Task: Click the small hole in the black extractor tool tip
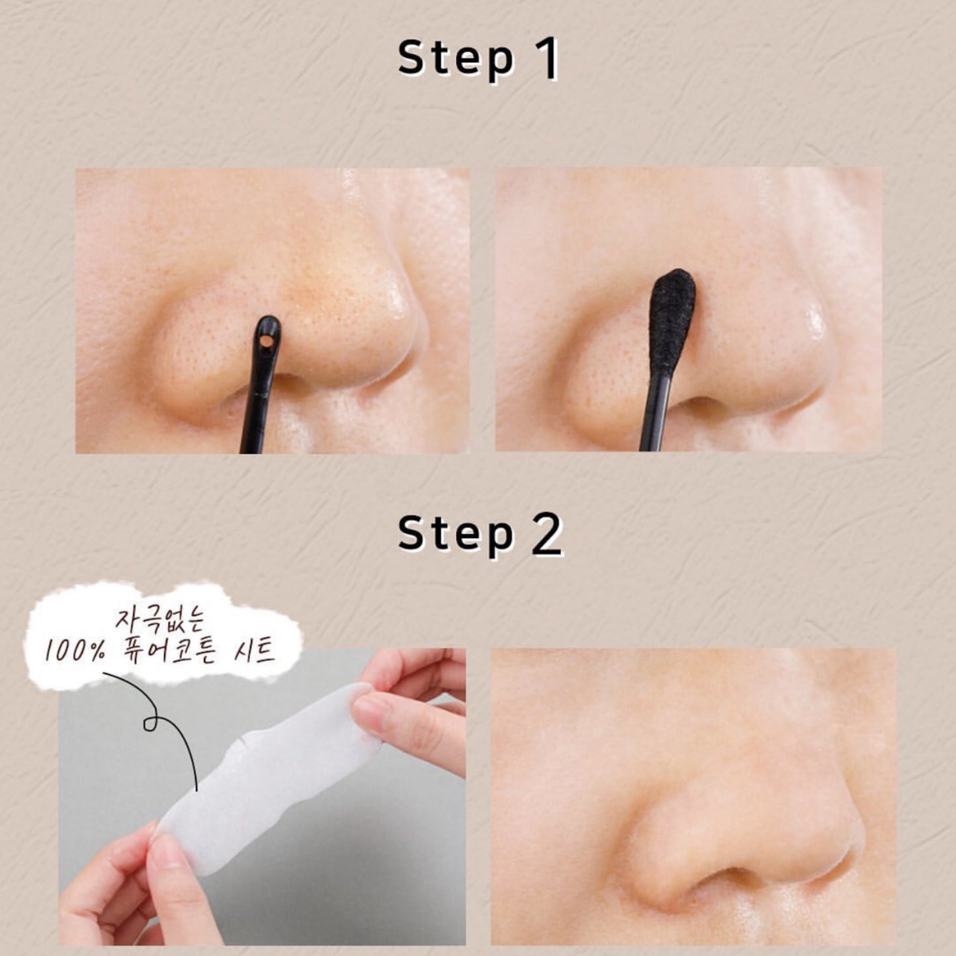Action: pos(267,341)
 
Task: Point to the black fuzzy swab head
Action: pos(672,323)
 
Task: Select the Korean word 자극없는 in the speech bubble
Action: pos(159,621)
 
